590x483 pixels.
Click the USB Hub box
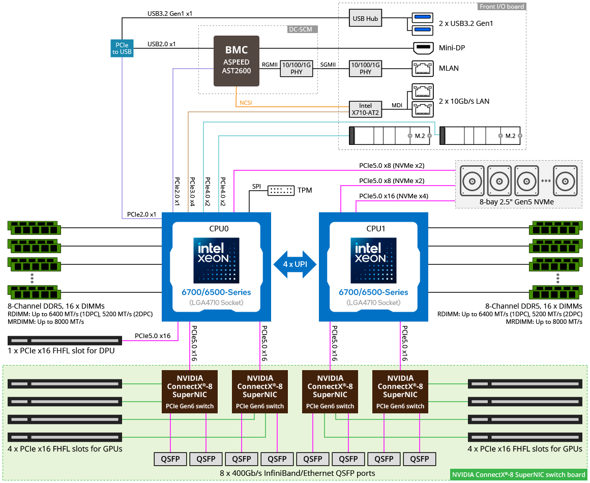pos(365,19)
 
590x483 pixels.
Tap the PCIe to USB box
pos(122,49)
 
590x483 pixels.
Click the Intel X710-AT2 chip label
pos(365,109)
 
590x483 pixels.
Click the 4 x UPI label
pos(295,264)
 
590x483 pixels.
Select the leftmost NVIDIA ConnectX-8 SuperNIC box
pos(190,391)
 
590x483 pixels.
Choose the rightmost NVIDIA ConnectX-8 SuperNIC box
pos(400,391)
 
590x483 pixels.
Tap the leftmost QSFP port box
pos(170,459)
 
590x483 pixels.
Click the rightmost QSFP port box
pos(420,459)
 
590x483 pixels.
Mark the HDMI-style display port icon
pos(423,49)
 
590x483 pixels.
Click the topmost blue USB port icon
pos(423,18)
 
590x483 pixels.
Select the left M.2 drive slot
pos(392,136)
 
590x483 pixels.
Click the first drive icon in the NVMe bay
pos(473,180)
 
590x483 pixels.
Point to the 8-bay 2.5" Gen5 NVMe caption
pos(516,202)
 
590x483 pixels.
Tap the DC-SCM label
pos(300,29)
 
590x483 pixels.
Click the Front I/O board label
pos(501,7)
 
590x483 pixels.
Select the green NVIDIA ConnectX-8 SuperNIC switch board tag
pos(519,475)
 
